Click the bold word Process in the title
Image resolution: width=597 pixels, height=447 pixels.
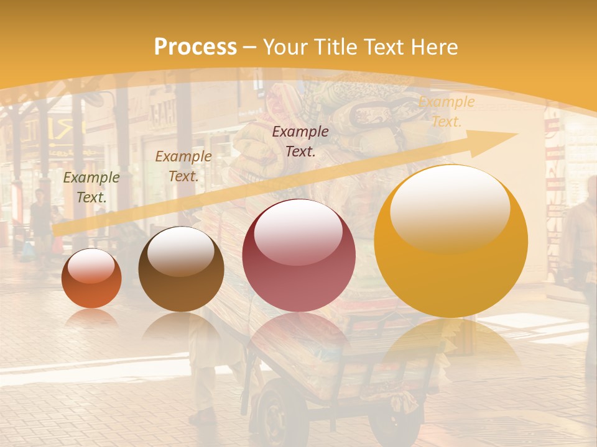pyautogui.click(x=195, y=47)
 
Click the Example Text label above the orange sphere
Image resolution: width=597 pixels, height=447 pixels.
pyautogui.click(x=91, y=187)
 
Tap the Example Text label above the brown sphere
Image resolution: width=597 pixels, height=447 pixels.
pyautogui.click(x=183, y=166)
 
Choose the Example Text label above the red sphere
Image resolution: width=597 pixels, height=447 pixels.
pyautogui.click(x=300, y=141)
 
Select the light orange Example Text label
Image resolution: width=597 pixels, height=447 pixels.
pyautogui.click(x=446, y=112)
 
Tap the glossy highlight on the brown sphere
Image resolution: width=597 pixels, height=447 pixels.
pyautogui.click(x=180, y=250)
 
